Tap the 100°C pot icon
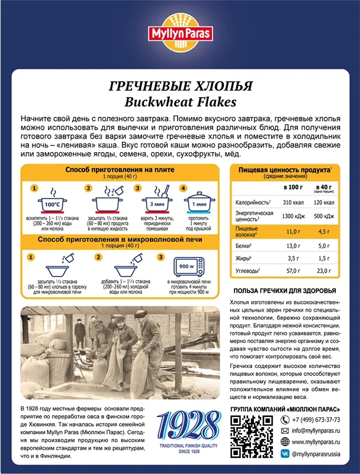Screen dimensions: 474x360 [52, 204]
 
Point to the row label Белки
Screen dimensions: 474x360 [243, 246]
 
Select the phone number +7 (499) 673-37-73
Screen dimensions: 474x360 [315, 419]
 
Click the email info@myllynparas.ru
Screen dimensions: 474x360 [314, 430]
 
